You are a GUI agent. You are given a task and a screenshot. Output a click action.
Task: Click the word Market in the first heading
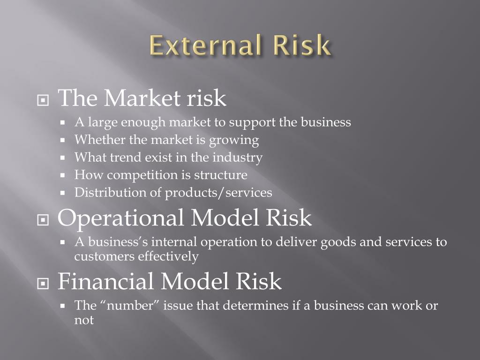click(x=142, y=98)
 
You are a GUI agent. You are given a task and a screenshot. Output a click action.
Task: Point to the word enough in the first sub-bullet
click(x=143, y=123)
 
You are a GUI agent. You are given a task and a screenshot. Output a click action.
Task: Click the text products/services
click(x=218, y=193)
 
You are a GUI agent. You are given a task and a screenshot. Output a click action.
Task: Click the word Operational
click(x=121, y=218)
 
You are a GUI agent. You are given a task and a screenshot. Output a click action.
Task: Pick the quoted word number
click(x=131, y=306)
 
